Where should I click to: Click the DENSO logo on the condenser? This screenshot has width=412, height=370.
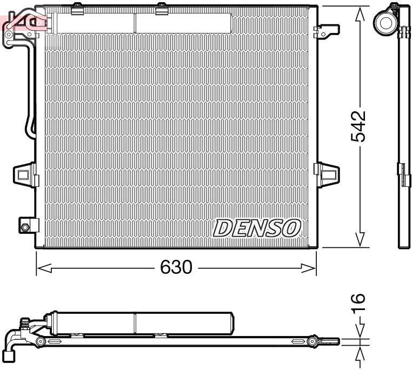pyautogui.click(x=257, y=228)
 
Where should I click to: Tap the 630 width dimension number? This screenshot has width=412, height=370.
pyautogui.click(x=176, y=267)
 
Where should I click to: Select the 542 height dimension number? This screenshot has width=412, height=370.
pyautogui.click(x=358, y=126)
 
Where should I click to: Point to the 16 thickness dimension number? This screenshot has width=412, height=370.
pyautogui.click(x=358, y=302)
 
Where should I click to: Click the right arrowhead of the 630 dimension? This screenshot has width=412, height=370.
pyautogui.click(x=308, y=268)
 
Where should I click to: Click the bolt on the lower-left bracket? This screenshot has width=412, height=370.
pyautogui.click(x=25, y=227)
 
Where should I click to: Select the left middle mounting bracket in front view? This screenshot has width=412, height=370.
pyautogui.click(x=25, y=175)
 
